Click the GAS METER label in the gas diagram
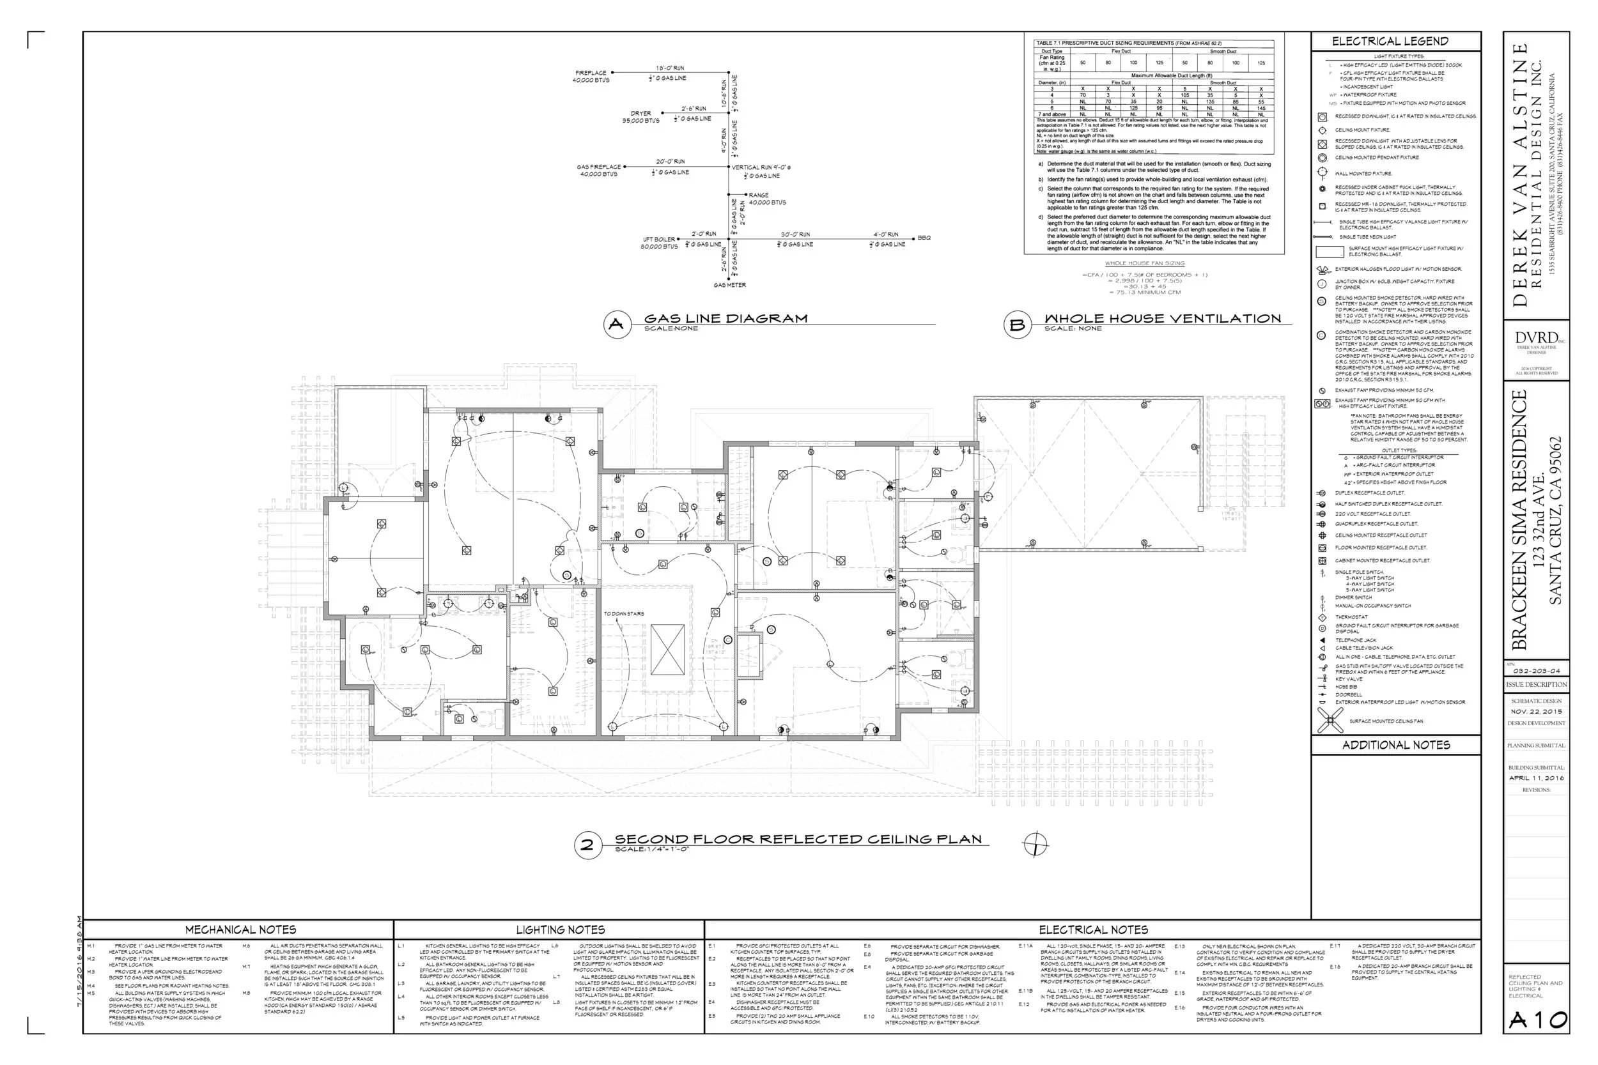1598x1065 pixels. pyautogui.click(x=729, y=286)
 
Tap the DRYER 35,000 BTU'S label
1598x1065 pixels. pyautogui.click(x=640, y=117)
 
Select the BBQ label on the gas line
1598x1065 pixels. pyautogui.click(x=924, y=238)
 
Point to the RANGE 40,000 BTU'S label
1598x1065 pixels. pyautogui.click(x=766, y=199)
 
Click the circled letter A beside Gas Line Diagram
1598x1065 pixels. pyautogui.click(x=616, y=324)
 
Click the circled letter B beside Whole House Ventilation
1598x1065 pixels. pyautogui.click(x=1016, y=325)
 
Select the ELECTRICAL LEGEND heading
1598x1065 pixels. pyautogui.click(x=1390, y=42)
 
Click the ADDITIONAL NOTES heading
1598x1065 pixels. pyautogui.click(x=1395, y=745)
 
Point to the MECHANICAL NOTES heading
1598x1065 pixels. pyautogui.click(x=240, y=930)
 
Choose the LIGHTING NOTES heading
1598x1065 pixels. pyautogui.click(x=560, y=930)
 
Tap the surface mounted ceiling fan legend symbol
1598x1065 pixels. pyautogui.click(x=1330, y=721)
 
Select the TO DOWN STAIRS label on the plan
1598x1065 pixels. pyautogui.click(x=624, y=614)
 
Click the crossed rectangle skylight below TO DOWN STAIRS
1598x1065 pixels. pyautogui.click(x=667, y=650)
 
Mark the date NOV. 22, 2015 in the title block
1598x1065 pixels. pyautogui.click(x=1536, y=711)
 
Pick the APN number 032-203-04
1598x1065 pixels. pyautogui.click(x=1536, y=671)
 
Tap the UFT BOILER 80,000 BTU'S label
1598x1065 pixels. pyautogui.click(x=659, y=243)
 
